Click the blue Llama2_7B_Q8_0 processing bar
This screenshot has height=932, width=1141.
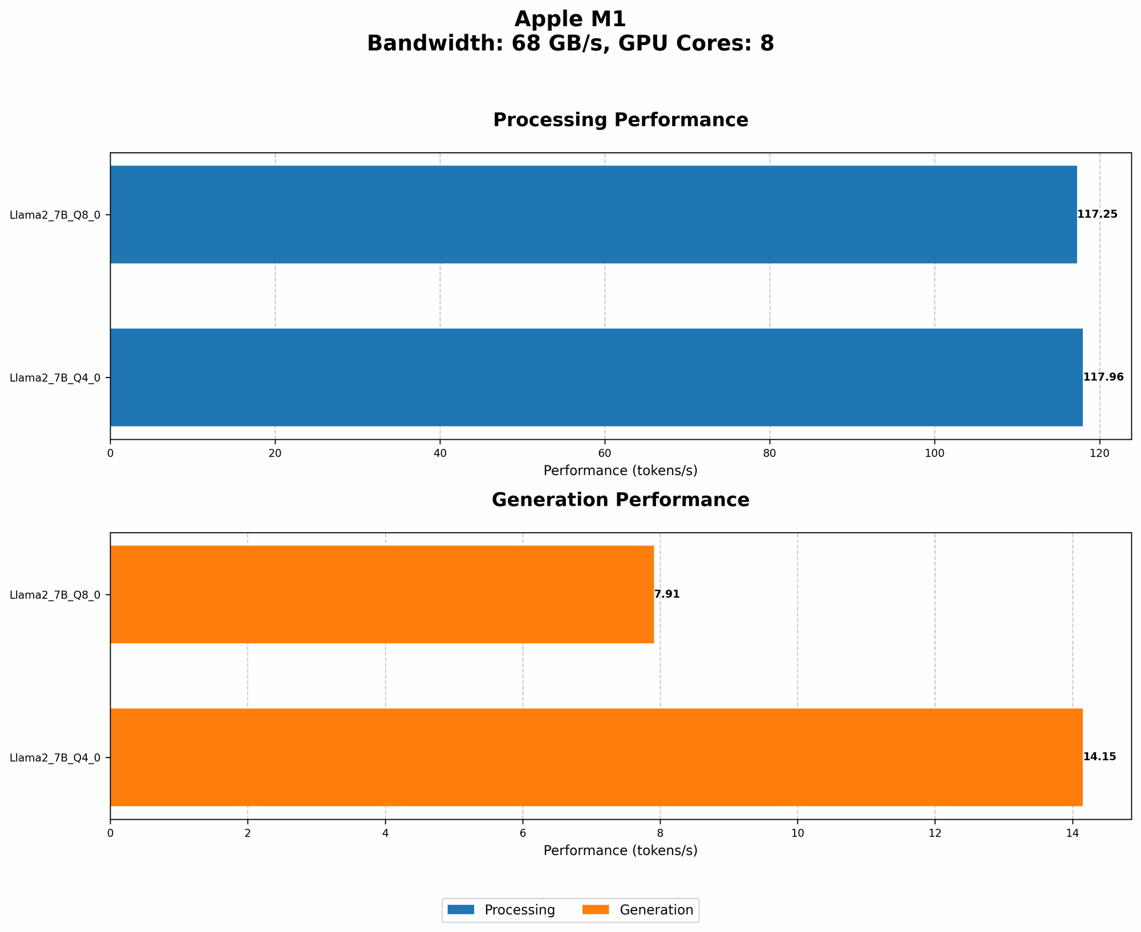(x=593, y=214)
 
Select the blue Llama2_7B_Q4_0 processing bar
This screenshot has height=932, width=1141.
(x=596, y=377)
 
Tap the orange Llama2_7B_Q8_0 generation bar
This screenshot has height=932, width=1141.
(x=382, y=594)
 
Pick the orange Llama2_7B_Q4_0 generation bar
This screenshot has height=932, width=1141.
(x=596, y=757)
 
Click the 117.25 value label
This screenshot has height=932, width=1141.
(x=1097, y=214)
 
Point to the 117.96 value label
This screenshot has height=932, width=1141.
(x=1103, y=377)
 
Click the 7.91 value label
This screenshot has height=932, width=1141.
(x=667, y=594)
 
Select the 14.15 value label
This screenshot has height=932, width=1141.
(x=1099, y=757)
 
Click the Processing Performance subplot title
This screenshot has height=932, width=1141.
(x=620, y=120)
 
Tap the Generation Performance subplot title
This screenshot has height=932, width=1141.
(x=620, y=500)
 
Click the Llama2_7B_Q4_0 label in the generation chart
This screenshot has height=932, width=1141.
(x=55, y=757)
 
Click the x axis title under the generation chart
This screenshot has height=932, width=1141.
(x=620, y=850)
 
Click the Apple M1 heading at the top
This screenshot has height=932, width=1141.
(x=570, y=19)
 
